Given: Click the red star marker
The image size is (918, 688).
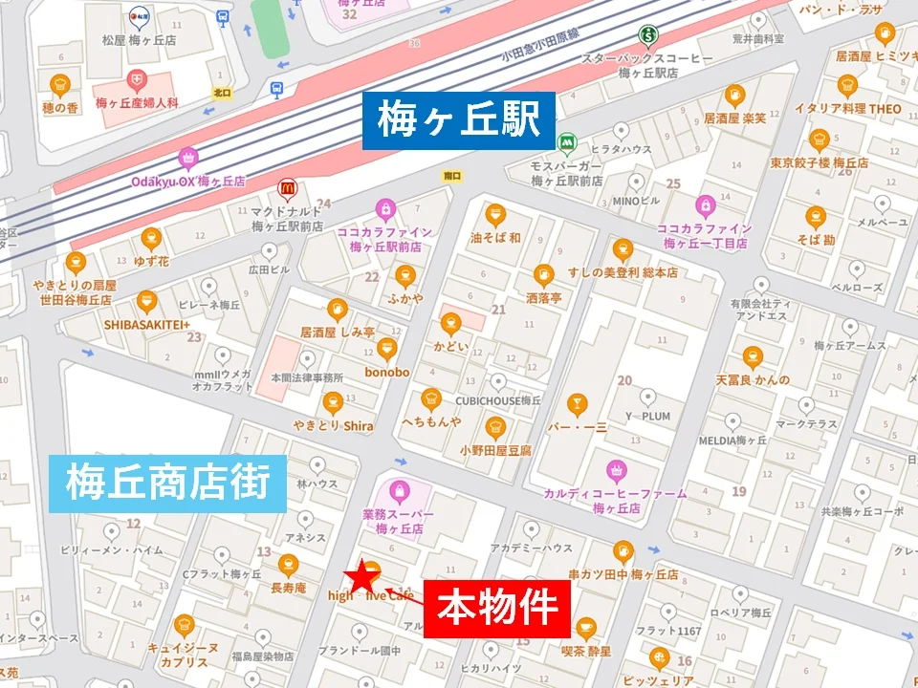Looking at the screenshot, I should [x=361, y=577].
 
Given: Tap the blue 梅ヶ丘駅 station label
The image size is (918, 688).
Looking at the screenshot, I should [x=459, y=121].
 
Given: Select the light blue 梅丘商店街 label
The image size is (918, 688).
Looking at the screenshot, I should [x=168, y=484].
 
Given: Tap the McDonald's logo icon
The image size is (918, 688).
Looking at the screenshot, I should [x=285, y=188].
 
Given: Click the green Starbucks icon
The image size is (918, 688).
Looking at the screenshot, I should [x=649, y=35].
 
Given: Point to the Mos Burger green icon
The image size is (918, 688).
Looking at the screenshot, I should [x=567, y=141].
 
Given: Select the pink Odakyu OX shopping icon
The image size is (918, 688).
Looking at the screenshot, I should [x=187, y=157].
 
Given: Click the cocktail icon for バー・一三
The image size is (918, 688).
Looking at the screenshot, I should [x=577, y=403].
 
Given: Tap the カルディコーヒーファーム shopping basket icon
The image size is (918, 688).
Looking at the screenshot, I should [x=617, y=469].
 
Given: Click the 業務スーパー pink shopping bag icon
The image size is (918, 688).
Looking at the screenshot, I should [x=399, y=492].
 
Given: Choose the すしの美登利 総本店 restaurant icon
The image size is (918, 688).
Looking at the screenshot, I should [x=623, y=248].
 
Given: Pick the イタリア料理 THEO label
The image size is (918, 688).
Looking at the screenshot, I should [x=847, y=109].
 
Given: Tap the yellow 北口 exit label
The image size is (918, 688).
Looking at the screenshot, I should [x=222, y=93].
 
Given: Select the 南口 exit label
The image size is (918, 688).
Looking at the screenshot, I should [x=453, y=175].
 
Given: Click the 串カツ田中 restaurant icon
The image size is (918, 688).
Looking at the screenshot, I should [x=623, y=551].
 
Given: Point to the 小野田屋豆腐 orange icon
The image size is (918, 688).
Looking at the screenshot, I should [x=495, y=426].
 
